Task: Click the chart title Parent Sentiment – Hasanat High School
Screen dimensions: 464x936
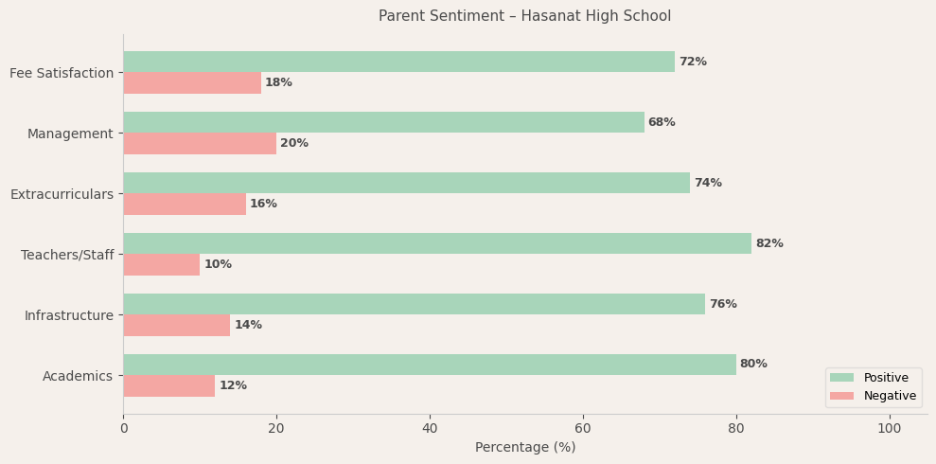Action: [524, 16]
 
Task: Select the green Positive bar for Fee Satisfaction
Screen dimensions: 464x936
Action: [398, 62]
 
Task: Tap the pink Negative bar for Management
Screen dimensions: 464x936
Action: [200, 143]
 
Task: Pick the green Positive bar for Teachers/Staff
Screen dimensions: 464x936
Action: [437, 243]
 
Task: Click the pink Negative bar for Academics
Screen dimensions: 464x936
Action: [169, 385]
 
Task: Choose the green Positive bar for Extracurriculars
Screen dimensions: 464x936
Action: [406, 183]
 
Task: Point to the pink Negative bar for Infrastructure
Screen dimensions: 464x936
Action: [177, 325]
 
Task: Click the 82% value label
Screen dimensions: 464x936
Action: [768, 243]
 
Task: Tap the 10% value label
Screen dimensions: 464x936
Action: [218, 264]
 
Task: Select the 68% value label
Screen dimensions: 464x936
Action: [662, 122]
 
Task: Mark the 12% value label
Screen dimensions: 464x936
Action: [233, 385]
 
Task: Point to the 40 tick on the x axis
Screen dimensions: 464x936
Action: [430, 429]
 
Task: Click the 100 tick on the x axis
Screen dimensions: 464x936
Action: [889, 429]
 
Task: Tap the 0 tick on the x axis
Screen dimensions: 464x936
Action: [123, 429]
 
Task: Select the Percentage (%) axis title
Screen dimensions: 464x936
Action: [524, 448]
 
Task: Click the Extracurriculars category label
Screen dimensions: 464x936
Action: [62, 194]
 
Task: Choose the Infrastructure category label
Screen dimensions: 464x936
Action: [68, 315]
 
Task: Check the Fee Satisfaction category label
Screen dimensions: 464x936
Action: [62, 73]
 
